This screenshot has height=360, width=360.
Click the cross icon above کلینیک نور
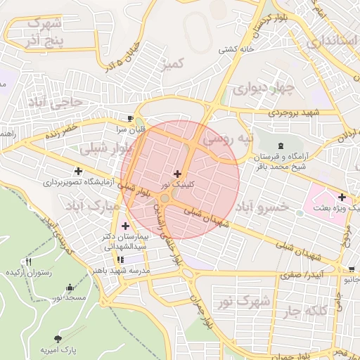[x=176, y=173]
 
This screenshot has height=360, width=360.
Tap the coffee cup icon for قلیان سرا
[x=130, y=117]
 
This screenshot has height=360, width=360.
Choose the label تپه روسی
[x=226, y=140]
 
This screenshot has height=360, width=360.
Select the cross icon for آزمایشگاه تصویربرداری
[x=77, y=170]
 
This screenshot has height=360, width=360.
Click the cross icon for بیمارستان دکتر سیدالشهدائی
[x=125, y=226]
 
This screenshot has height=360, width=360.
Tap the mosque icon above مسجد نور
[x=69, y=288]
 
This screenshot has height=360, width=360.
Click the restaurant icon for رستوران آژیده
[x=28, y=262]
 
